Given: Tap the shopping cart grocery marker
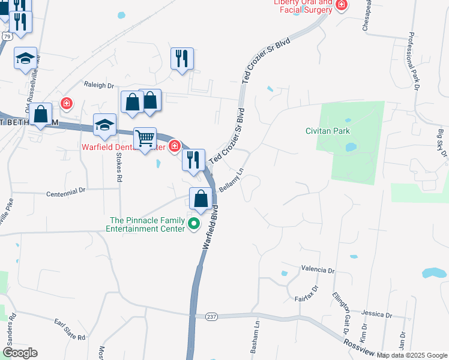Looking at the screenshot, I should click(x=145, y=139).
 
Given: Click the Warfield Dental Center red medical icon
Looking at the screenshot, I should click(x=175, y=145).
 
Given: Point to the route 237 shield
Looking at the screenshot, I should click(x=211, y=316).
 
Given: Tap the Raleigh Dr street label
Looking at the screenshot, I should click(x=99, y=86).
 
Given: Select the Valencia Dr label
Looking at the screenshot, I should click(x=318, y=270).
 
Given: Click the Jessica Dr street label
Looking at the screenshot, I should click(x=376, y=314).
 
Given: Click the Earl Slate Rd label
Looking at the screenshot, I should click(x=70, y=329).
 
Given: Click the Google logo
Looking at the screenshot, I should click(x=20, y=353).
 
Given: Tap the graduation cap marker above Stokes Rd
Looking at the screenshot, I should click(x=104, y=125).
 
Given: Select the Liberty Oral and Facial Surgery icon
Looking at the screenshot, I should click(x=341, y=5).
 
